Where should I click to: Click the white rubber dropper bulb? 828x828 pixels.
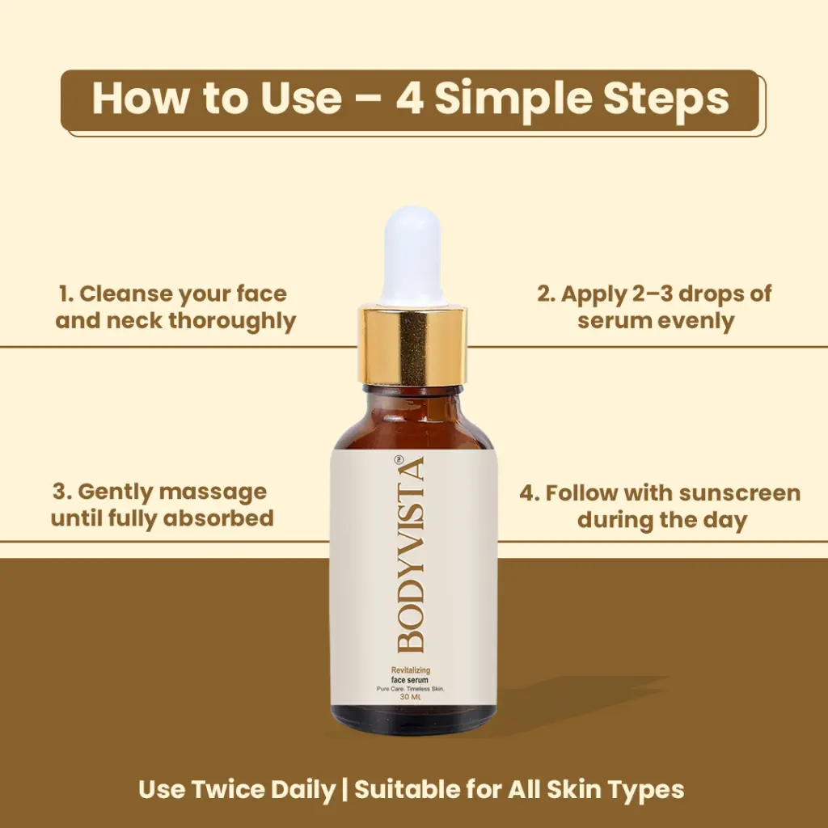coord(412,256)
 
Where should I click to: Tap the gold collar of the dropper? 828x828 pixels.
coord(412,346)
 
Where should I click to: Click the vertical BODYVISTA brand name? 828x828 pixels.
coord(411,555)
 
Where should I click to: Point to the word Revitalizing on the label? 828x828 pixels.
coord(410,670)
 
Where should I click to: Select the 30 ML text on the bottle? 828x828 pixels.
coord(410,697)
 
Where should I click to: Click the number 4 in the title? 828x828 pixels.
coord(410,99)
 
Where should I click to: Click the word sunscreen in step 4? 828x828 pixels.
coord(740,493)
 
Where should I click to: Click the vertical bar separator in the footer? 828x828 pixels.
coord(344,790)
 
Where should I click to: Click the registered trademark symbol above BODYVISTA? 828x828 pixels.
coord(399,459)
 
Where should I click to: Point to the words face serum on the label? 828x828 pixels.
coord(410,680)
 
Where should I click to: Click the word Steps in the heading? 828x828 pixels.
coord(666,100)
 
